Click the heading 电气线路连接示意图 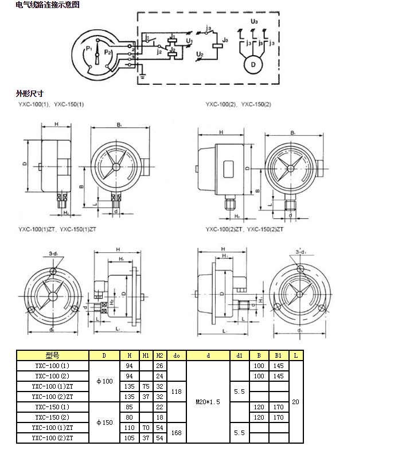pos(48,5)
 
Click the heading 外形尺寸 pos(29,93)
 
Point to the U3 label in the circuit pos(255,21)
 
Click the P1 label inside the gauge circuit pos(88,50)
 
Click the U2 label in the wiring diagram pos(200,54)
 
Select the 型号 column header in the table pos(52,355)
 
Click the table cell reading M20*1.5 pos(208,402)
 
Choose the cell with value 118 pos(176,392)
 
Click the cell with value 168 pos(176,433)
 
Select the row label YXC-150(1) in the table pos(52,407)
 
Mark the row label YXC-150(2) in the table pos(52,417)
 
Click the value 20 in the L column pos(295,402)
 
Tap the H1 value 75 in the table pos(146,386)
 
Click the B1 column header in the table pos(278,355)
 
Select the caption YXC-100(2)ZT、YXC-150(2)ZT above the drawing pos(247,229)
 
